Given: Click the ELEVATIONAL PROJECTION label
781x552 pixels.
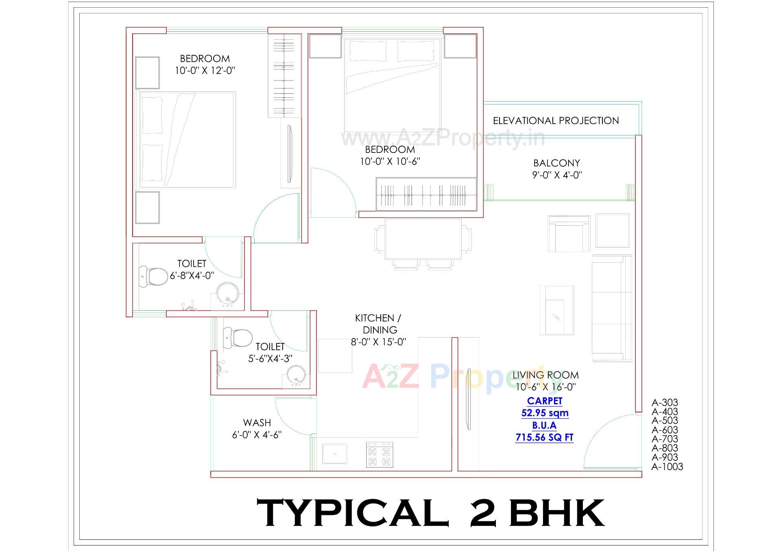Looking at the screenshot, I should (x=556, y=121).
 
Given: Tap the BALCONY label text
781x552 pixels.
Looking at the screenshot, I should (x=556, y=163).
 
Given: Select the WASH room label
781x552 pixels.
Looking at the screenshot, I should (x=257, y=423).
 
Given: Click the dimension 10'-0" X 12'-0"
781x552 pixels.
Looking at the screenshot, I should (x=205, y=71).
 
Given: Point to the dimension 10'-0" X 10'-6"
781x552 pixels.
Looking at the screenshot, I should (x=390, y=161).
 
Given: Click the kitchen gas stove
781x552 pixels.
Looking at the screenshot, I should (x=379, y=455).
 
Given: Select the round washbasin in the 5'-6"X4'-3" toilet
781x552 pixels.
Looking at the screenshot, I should (x=296, y=375).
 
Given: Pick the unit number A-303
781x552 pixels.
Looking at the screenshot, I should (x=665, y=403).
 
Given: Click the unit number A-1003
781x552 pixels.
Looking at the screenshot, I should (x=667, y=467).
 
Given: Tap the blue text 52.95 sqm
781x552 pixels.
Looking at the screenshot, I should (x=545, y=413).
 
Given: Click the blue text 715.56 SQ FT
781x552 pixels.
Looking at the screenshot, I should (x=544, y=438).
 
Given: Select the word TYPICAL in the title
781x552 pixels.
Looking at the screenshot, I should (x=352, y=513).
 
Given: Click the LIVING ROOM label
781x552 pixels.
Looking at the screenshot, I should (x=545, y=375).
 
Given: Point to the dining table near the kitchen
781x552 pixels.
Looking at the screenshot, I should (x=423, y=239).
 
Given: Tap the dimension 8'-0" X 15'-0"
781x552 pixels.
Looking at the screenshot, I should (x=378, y=342).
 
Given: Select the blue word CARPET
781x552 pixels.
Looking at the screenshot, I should (x=545, y=401).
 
